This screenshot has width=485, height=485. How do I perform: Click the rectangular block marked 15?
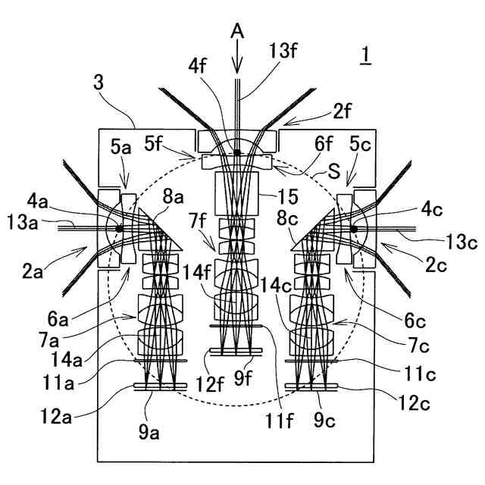(237, 193)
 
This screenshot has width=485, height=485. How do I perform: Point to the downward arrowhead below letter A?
(238, 66)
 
